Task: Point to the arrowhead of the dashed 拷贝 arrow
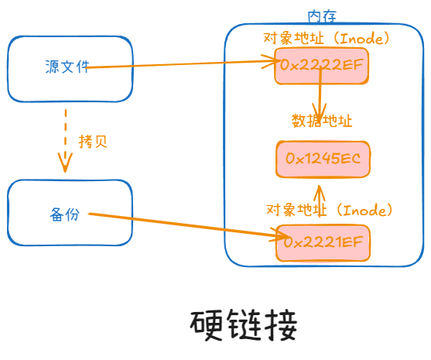tap(66, 163)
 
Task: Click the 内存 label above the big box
tap(322, 16)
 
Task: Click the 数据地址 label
tap(322, 121)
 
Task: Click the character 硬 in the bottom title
tap(207, 326)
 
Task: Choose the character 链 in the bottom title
tap(244, 326)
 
